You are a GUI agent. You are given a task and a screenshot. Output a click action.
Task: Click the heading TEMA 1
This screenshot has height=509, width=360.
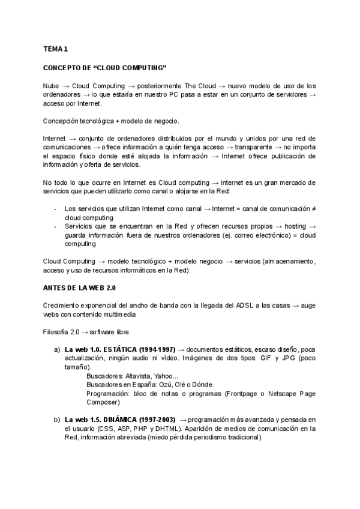(x=55, y=49)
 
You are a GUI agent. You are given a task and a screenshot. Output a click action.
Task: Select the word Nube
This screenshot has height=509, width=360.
(x=51, y=85)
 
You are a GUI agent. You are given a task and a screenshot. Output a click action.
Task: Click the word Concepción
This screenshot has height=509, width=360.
(x=62, y=121)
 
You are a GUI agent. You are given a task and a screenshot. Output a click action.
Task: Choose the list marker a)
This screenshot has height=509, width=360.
(x=57, y=349)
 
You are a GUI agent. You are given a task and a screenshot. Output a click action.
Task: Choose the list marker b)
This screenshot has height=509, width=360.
(x=57, y=420)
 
